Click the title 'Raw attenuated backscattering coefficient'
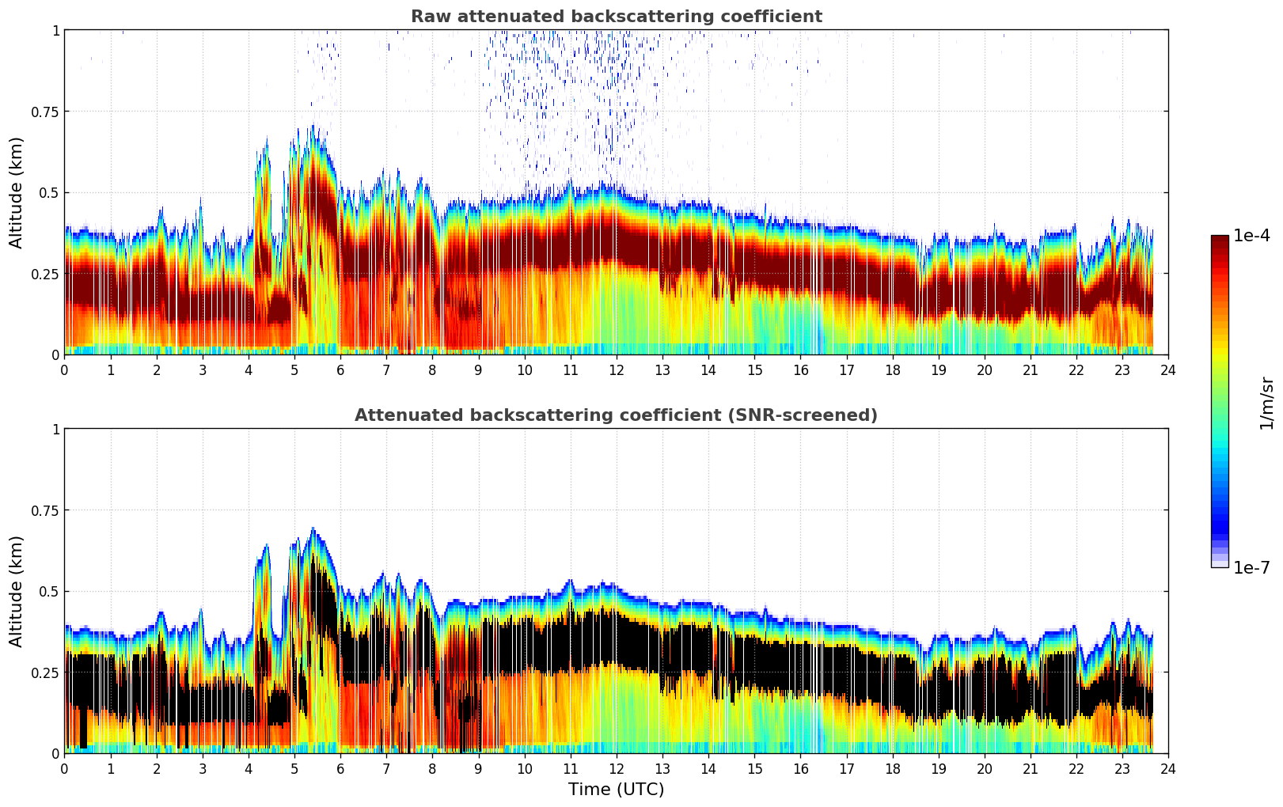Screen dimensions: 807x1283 tap(616, 17)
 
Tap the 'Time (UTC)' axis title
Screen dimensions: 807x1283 tap(616, 789)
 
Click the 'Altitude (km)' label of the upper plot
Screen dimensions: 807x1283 tap(17, 192)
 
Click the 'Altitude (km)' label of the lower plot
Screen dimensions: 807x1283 tap(17, 591)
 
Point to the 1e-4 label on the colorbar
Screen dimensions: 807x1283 tap(1251, 236)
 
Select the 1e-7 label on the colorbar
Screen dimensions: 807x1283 tap(1251, 567)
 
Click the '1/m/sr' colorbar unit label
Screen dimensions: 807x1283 tap(1266, 403)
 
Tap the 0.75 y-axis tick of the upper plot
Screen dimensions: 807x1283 tap(45, 112)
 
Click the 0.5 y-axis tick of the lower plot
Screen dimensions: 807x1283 tap(49, 591)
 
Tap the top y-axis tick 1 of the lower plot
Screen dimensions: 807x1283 tap(55, 429)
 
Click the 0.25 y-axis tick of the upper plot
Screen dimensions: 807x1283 tap(45, 274)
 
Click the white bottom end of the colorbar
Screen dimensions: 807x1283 tap(1220, 564)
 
